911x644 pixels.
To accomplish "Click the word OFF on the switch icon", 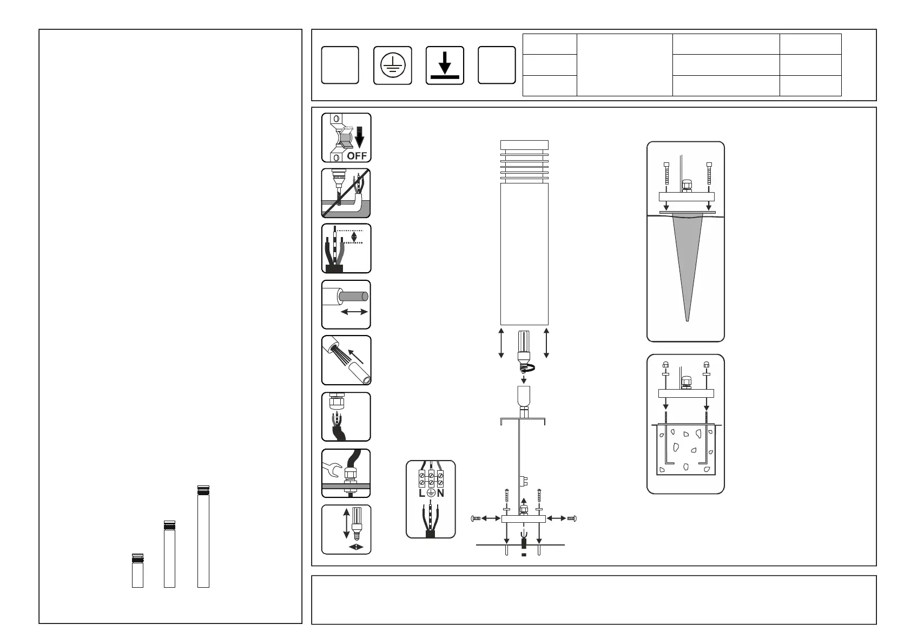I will [x=357, y=155].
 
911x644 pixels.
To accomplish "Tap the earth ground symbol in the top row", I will [x=393, y=65].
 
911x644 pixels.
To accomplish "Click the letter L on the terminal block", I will [x=421, y=494].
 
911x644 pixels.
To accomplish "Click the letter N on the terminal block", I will [x=440, y=494].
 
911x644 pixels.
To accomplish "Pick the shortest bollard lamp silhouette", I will [x=138, y=570].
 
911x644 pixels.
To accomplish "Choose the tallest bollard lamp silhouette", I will [x=203, y=536].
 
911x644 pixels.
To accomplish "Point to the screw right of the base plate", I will [x=571, y=518].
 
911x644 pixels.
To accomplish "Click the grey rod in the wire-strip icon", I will [x=354, y=297].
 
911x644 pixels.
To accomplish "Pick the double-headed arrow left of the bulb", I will [x=501, y=343].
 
